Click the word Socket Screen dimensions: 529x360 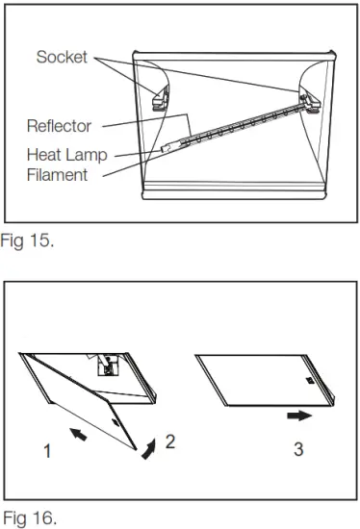click(x=62, y=58)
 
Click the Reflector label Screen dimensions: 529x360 click(x=58, y=125)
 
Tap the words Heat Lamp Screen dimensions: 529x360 click(x=66, y=155)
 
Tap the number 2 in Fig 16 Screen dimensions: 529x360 click(x=169, y=441)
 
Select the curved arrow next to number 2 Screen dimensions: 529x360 click(x=148, y=446)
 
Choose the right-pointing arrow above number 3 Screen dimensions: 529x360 click(x=299, y=416)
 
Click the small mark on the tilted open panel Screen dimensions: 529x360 click(x=116, y=420)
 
